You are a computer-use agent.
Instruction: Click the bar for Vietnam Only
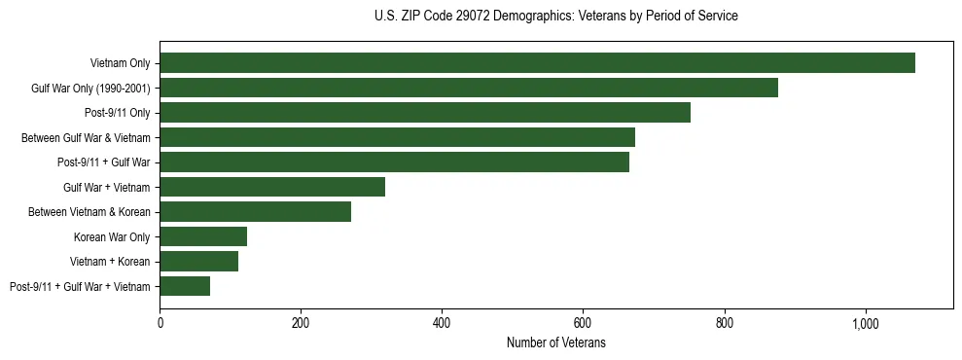point(537,63)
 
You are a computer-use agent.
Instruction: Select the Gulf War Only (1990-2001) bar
point(469,88)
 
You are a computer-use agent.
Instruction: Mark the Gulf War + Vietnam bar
point(272,187)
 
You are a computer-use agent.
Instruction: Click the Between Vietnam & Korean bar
point(255,212)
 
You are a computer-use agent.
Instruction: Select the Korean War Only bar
point(203,236)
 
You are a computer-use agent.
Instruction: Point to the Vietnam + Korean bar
point(198,261)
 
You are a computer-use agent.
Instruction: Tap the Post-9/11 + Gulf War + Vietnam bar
point(185,286)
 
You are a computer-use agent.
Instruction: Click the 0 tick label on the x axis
point(160,323)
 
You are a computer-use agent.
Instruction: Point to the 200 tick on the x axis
point(301,323)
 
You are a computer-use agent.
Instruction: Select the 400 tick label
point(442,323)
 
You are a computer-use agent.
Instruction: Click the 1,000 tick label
point(866,323)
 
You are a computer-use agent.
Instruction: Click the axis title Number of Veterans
point(555,342)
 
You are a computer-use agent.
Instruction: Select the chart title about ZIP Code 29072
point(555,17)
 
